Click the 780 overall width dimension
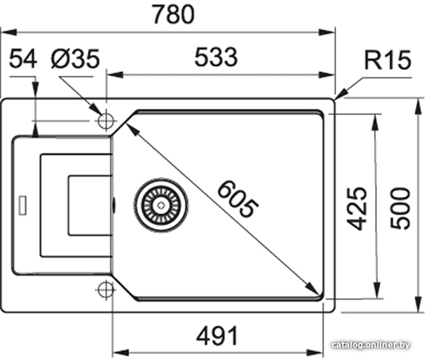click(173, 14)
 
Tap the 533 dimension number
click(216, 57)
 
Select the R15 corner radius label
click(388, 60)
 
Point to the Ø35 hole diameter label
click(75, 59)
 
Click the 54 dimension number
click(23, 59)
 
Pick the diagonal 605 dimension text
click(238, 199)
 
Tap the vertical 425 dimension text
click(357, 208)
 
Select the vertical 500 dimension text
click(400, 208)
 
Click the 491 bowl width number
click(217, 336)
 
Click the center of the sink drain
click(161, 205)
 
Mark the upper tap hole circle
click(106, 120)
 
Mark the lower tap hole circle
click(106, 290)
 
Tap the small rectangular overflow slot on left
click(22, 205)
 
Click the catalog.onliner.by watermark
click(371, 345)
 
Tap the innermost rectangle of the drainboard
click(90, 206)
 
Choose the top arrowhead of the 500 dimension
click(418, 107)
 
